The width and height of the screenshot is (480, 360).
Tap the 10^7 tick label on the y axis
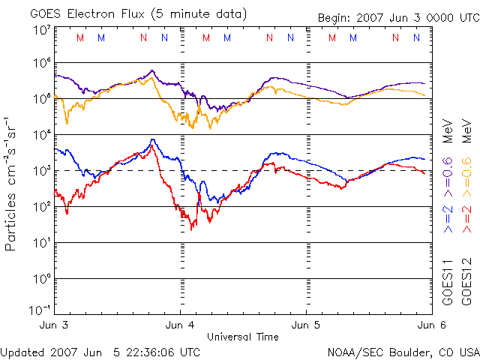click(40, 31)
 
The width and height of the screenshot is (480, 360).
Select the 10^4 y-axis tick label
click(40, 135)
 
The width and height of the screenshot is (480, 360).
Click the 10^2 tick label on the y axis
click(40, 207)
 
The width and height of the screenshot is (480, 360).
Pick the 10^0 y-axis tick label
click(40, 279)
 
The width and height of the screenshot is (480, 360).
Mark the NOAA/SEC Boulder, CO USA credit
click(403, 352)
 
